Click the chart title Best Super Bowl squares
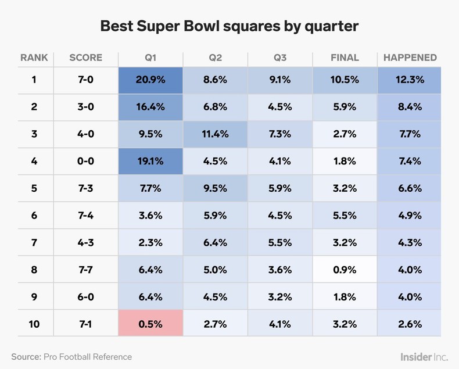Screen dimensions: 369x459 tap(229, 26)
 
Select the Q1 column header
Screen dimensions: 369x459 tap(150, 58)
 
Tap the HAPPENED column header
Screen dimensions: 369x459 tap(410, 58)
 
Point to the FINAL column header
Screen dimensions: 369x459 tap(345, 58)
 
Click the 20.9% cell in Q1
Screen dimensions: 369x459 tap(150, 80)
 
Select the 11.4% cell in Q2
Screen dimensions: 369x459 tap(215, 134)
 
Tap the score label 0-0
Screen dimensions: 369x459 tap(85, 161)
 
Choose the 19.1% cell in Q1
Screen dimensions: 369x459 tap(150, 161)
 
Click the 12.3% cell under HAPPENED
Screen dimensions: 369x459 tap(410, 80)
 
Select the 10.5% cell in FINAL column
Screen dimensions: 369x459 tap(345, 80)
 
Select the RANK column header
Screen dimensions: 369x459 tap(34, 58)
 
